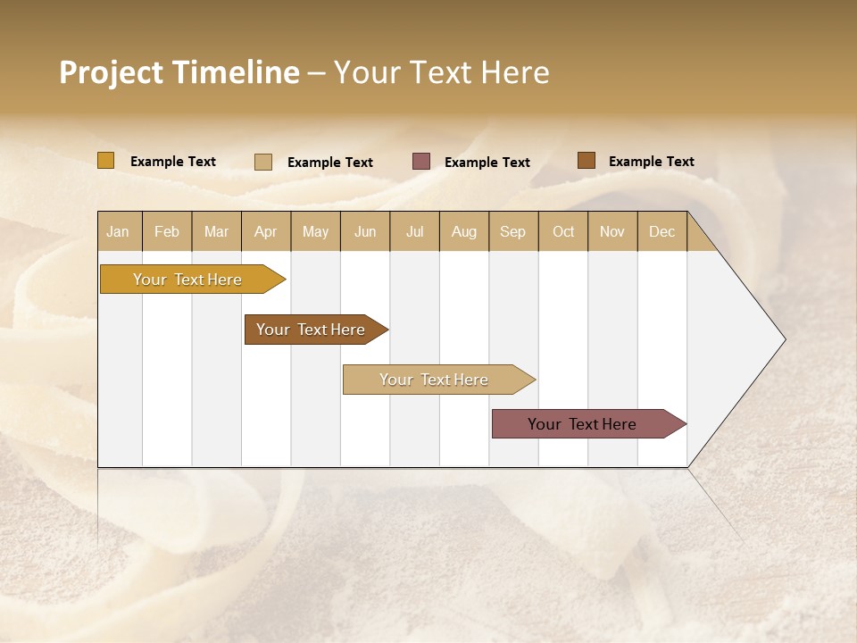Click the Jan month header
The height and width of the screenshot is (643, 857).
point(118,231)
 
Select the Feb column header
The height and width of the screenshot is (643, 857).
point(167,231)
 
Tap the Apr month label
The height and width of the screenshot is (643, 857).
point(265,231)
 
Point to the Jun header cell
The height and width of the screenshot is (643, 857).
point(365,231)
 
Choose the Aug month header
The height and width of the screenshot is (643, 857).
point(463,231)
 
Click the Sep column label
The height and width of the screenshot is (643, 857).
point(512,231)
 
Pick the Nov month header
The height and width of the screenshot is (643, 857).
point(612,231)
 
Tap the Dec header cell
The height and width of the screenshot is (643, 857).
point(661,231)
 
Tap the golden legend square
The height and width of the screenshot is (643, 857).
point(105,161)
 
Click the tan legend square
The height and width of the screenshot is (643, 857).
point(262,162)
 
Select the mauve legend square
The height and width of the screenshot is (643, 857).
point(421,162)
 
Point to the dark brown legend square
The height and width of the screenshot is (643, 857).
point(586,161)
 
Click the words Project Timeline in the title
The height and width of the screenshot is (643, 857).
point(179,72)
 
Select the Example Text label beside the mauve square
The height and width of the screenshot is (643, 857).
point(487,163)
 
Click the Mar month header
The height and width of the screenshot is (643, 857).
point(216,231)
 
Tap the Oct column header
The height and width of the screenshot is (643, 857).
point(563,231)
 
